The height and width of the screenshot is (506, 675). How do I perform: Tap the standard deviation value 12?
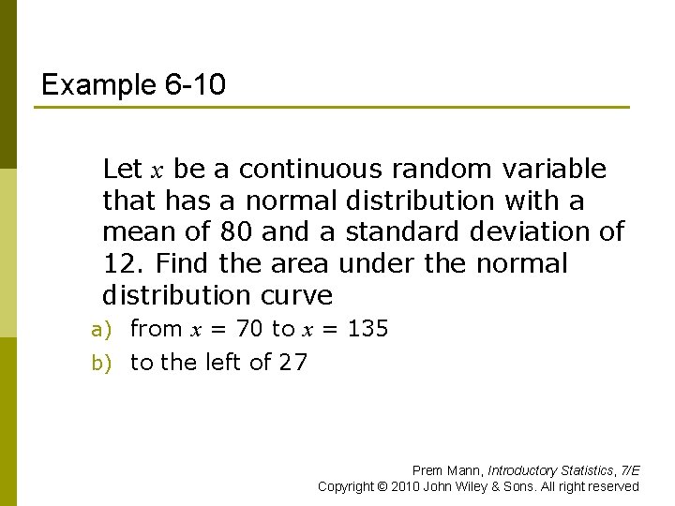[117, 264]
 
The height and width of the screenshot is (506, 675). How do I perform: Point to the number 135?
[367, 329]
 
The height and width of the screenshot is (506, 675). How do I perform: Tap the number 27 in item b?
[292, 363]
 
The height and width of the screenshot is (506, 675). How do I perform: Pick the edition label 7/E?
[628, 470]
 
